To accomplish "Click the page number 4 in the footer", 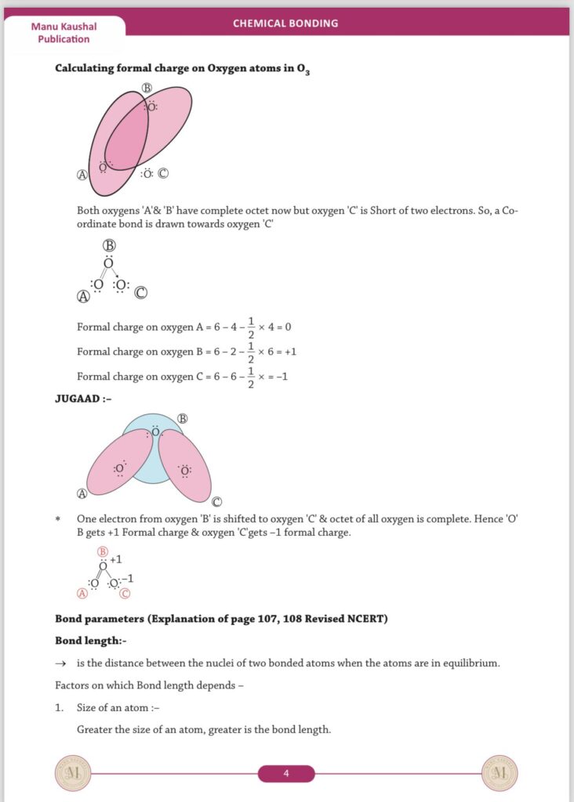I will pyautogui.click(x=286, y=774).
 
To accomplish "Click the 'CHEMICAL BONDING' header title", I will pyautogui.click(x=285, y=23).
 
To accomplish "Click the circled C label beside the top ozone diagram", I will pyautogui.click(x=163, y=173).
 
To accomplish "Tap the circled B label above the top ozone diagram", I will pyautogui.click(x=147, y=88).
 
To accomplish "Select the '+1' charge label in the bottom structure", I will pyautogui.click(x=115, y=560).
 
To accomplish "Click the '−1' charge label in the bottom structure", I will pyautogui.click(x=127, y=579).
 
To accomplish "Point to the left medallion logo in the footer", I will pyautogui.click(x=73, y=774).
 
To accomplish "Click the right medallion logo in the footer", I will pyautogui.click(x=500, y=774).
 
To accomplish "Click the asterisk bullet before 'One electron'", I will pyautogui.click(x=58, y=519).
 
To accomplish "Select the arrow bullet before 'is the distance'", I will pyautogui.click(x=60, y=663).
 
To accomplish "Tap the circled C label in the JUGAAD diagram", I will pyautogui.click(x=216, y=502).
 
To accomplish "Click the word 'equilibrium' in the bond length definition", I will pyautogui.click(x=470, y=663).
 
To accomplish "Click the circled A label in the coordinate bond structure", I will pyautogui.click(x=82, y=296).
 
